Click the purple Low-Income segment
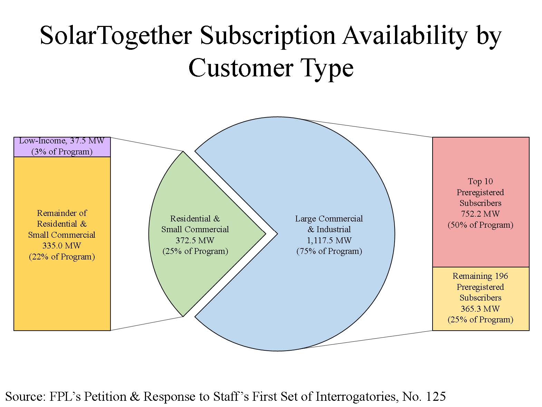[62, 147]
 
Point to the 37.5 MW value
[87, 141]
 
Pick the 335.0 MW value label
[62, 246]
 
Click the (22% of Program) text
[62, 257]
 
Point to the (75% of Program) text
[329, 251]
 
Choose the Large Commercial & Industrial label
[329, 224]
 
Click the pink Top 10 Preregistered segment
[481, 202]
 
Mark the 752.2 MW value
[481, 214]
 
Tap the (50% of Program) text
[481, 225]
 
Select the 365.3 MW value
[481, 309]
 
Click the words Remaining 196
[481, 276]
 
